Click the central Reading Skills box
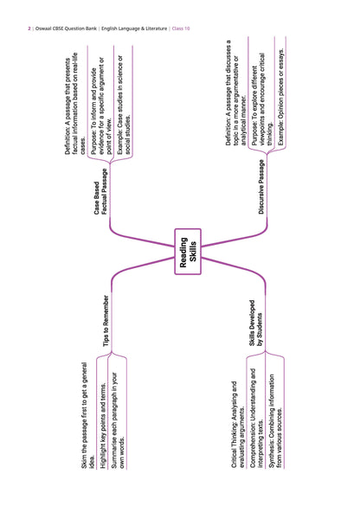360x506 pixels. (188, 252)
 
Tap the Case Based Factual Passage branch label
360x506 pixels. (100, 192)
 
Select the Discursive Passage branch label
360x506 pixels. (261, 187)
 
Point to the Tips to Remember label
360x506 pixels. (106, 321)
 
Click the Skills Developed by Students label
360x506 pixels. (255, 323)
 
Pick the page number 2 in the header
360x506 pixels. (29, 29)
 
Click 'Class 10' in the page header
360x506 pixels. (181, 29)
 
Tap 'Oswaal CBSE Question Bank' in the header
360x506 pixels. (66, 29)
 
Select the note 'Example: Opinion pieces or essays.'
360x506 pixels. (281, 97)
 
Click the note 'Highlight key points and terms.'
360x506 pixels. (103, 426)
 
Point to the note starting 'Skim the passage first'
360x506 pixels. (87, 415)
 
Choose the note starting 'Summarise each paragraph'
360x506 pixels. (118, 421)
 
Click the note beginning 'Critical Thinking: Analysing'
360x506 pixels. (238, 425)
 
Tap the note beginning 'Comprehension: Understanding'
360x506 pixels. (257, 419)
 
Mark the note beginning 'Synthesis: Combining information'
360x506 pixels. (275, 421)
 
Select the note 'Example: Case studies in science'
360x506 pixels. (124, 105)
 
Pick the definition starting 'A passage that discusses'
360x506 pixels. (236, 93)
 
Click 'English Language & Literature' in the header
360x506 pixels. (134, 29)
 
